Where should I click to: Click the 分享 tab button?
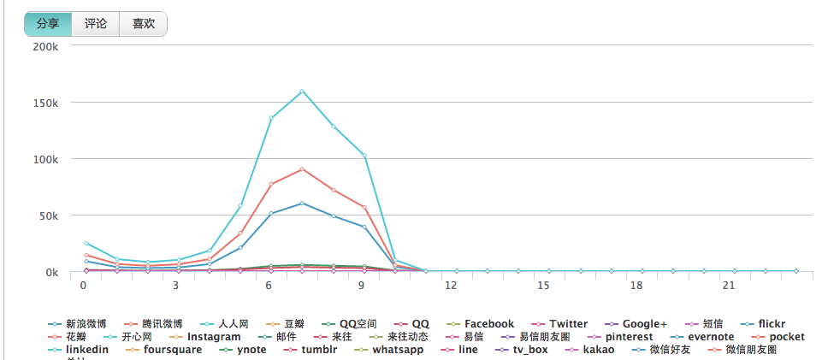pyautogui.click(x=48, y=24)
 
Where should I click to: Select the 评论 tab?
pyautogui.click(x=96, y=24)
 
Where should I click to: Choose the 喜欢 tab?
pyautogui.click(x=143, y=24)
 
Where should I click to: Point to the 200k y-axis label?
pyautogui.click(x=44, y=45)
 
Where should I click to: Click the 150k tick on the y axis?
pyautogui.click(x=44, y=103)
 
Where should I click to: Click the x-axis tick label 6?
pyautogui.click(x=269, y=286)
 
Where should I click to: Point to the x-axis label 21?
pyautogui.click(x=728, y=286)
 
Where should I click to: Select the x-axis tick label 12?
pyautogui.click(x=451, y=286)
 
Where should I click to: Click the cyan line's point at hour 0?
pyautogui.click(x=86, y=244)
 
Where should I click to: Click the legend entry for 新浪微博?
pyautogui.click(x=85, y=324)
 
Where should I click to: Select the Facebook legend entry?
pyautogui.click(x=488, y=324)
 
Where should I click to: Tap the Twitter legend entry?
pyautogui.click(x=568, y=324)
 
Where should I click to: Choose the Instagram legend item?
pyautogui.click(x=213, y=337)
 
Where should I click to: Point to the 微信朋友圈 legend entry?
pyautogui.click(x=750, y=350)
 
